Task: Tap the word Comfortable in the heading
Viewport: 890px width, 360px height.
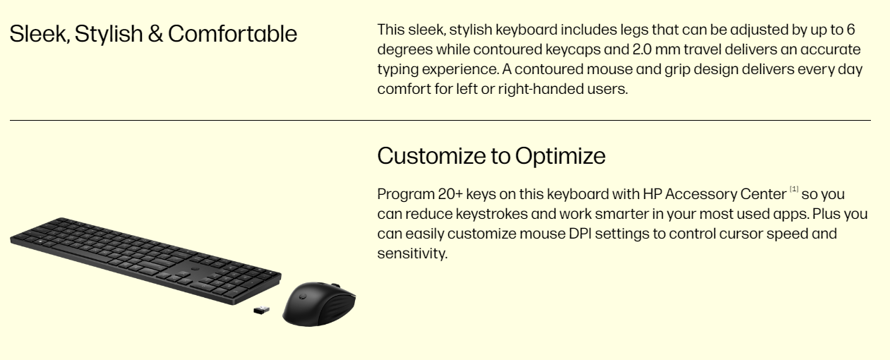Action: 232,33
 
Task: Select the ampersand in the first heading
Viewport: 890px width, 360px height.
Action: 155,34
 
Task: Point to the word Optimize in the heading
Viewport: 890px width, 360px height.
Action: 560,157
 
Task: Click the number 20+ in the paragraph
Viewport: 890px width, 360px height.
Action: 450,194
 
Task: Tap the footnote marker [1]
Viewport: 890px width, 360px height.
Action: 794,189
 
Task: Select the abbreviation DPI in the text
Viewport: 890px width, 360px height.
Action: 580,234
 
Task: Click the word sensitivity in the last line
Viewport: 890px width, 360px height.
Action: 412,253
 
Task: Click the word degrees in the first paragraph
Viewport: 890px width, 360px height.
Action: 405,50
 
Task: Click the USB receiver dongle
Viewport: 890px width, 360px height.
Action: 261,310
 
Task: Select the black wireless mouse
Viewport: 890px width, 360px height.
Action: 319,304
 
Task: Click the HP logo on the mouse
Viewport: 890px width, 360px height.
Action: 301,296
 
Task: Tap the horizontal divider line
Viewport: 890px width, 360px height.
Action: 440,120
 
